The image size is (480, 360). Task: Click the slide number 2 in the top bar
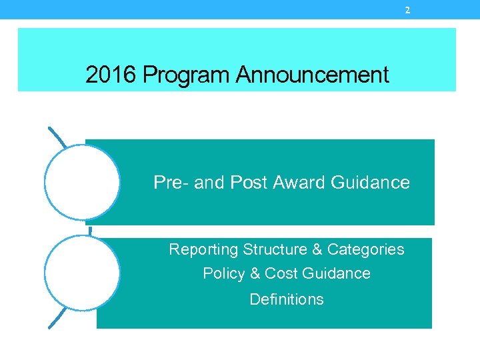click(x=407, y=10)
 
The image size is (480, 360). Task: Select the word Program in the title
click(x=185, y=75)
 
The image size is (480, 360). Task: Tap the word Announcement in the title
click(x=312, y=75)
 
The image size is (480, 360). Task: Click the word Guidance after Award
click(x=371, y=182)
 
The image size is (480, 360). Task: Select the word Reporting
click(x=203, y=249)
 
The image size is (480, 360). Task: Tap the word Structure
click(x=274, y=249)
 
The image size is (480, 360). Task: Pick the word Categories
click(x=365, y=249)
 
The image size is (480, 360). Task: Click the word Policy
click(x=223, y=273)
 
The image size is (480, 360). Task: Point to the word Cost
click(x=281, y=273)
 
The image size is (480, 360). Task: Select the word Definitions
click(x=287, y=299)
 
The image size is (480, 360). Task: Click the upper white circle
click(x=82, y=182)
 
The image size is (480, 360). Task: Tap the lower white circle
click(x=82, y=272)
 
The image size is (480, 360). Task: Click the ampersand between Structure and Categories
click(x=317, y=249)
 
